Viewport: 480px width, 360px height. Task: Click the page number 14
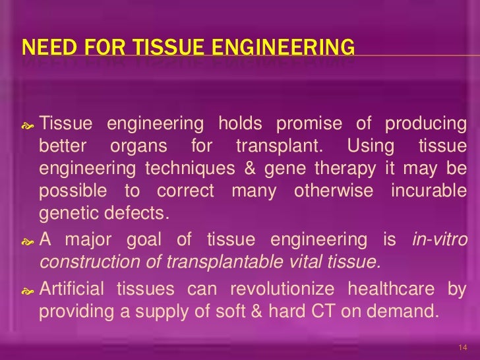461,347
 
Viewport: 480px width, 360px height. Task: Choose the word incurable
429,191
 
